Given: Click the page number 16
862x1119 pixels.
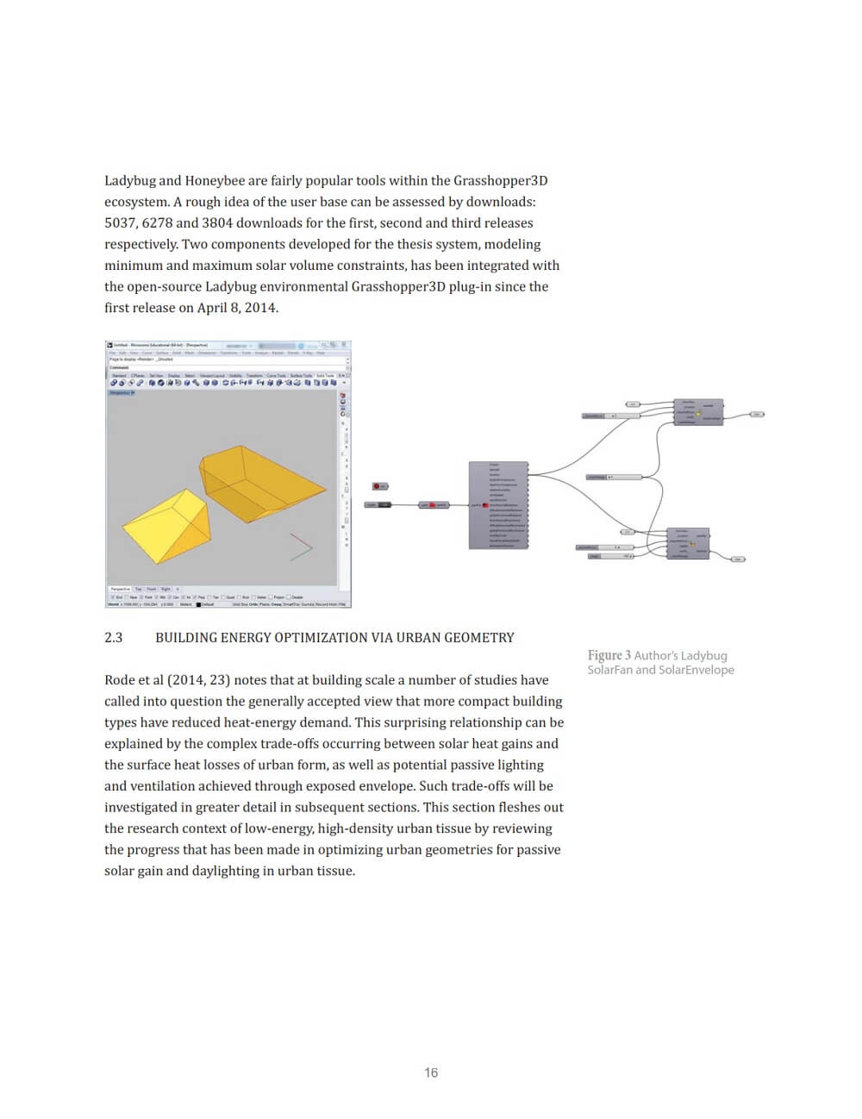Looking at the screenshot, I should click(431, 1072).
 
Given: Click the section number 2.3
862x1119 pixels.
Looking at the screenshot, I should click(114, 638).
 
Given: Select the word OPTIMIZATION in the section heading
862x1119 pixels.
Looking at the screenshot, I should click(324, 638).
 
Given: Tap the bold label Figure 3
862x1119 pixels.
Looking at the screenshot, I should click(609, 655).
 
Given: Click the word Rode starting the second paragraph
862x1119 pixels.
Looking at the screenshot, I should click(120, 680).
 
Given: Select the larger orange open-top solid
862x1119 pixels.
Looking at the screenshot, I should click(259, 483).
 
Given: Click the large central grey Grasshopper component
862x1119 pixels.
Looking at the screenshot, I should click(497, 505).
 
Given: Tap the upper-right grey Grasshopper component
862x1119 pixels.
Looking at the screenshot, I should click(698, 412).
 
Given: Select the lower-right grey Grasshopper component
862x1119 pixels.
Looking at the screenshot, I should click(688, 544).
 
